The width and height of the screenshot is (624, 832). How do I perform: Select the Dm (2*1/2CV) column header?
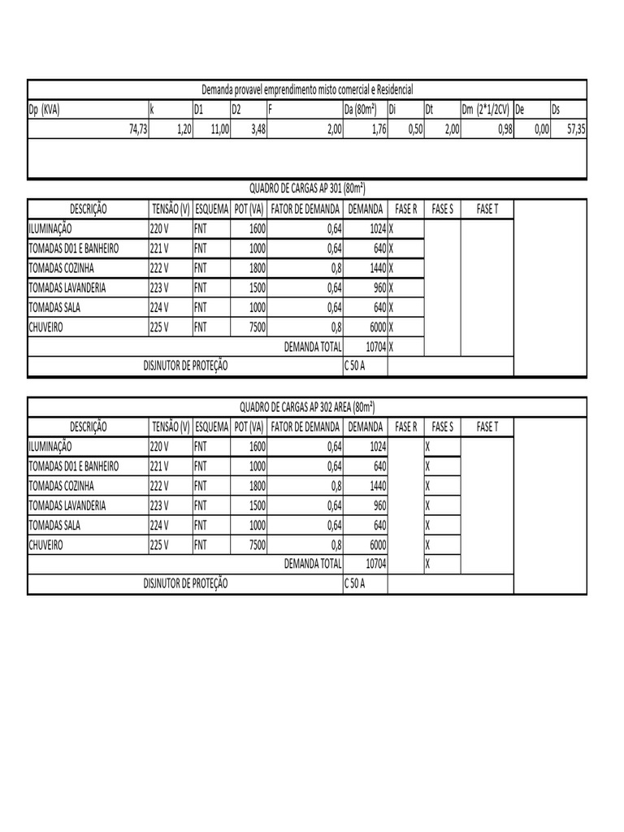(485, 109)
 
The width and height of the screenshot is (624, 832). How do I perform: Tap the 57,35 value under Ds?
(575, 128)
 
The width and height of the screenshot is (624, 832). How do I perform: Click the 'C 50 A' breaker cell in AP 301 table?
(356, 366)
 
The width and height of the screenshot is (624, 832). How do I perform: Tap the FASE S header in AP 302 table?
(442, 427)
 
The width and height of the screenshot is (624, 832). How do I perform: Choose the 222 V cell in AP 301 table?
(159, 268)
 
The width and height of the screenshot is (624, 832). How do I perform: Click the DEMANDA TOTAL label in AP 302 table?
(313, 563)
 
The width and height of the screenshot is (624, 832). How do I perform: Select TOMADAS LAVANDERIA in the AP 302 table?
(67, 505)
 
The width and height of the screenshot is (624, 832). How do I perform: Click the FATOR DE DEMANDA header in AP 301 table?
(305, 209)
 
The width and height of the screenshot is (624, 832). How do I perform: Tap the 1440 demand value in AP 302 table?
(375, 486)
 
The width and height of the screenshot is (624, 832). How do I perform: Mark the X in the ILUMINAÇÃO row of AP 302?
(428, 446)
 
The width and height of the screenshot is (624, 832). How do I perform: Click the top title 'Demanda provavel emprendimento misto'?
(307, 89)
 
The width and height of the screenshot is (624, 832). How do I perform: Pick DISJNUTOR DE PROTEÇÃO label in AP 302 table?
(186, 583)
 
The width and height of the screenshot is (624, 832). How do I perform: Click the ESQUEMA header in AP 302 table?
(211, 427)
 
